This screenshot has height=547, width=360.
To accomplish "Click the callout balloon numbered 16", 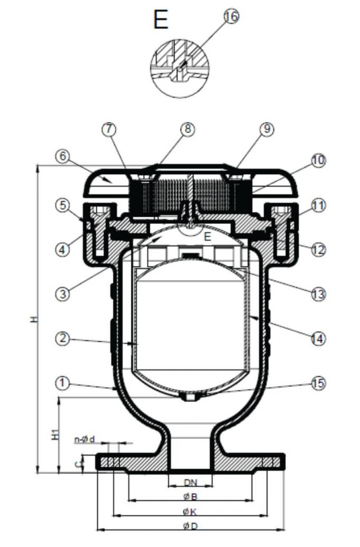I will click(x=230, y=16).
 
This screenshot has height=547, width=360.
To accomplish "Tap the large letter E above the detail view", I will click(x=160, y=20).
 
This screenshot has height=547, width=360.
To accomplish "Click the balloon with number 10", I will click(x=319, y=161).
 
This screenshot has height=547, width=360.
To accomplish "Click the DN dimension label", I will click(x=190, y=482).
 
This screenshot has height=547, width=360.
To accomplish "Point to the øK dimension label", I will click(x=190, y=512).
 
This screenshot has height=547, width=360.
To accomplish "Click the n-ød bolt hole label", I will click(x=85, y=439).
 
